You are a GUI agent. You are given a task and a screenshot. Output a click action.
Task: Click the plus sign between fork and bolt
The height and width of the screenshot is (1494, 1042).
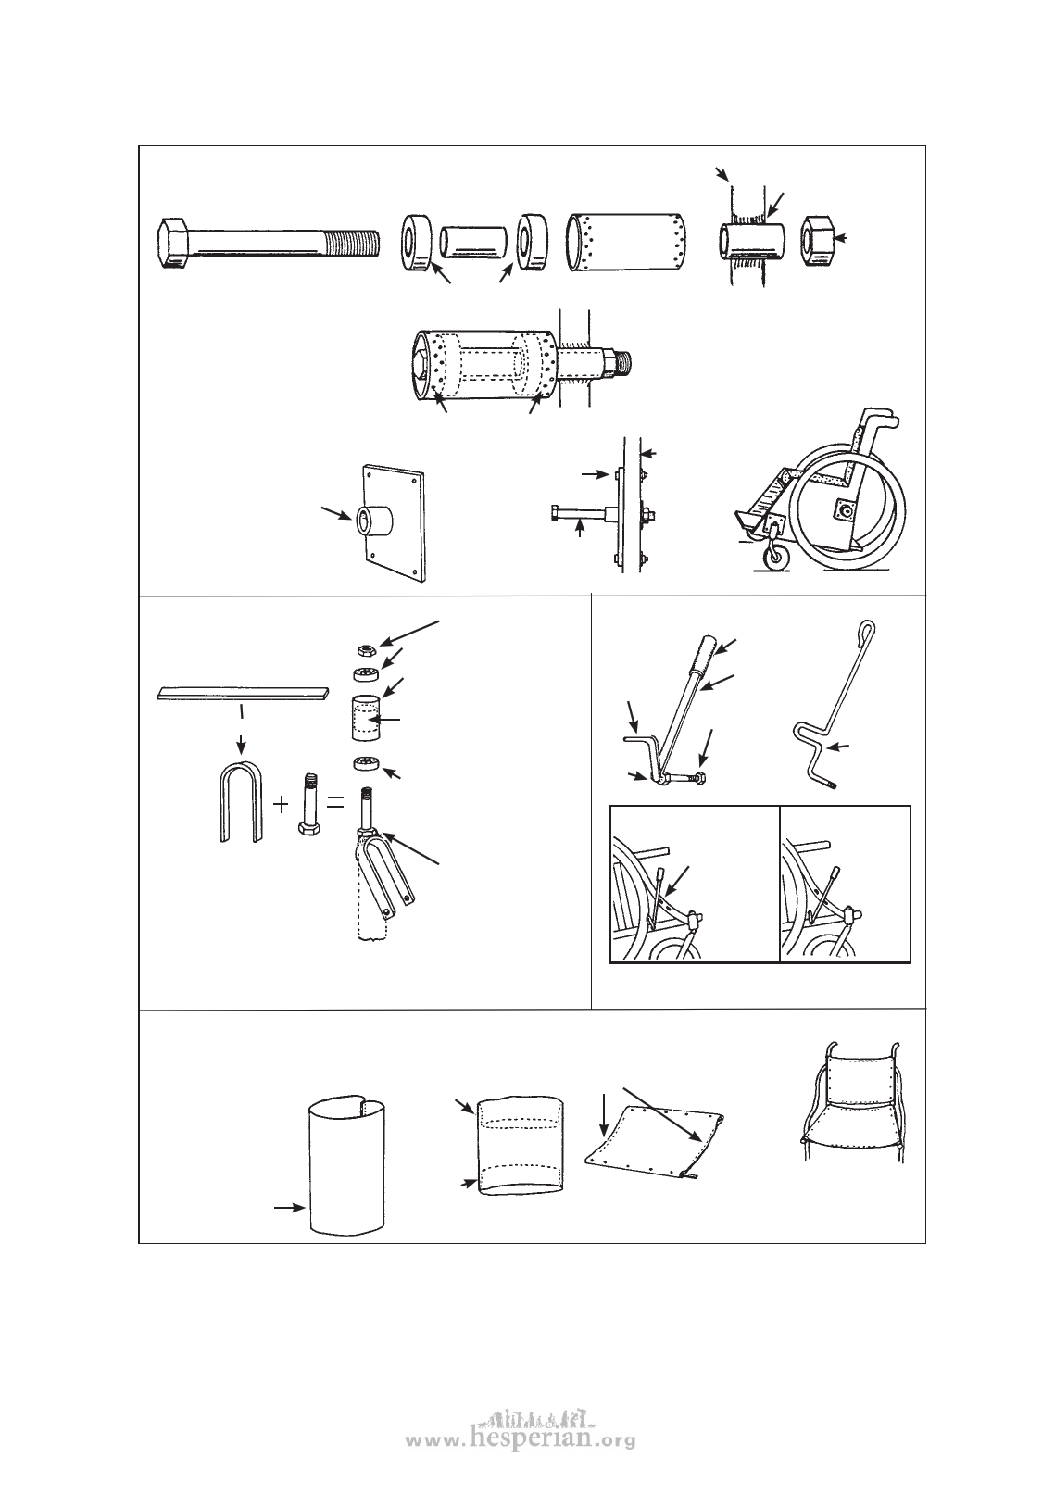click(x=281, y=804)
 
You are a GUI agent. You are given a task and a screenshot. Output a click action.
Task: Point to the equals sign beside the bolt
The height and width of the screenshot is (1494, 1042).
click(x=335, y=804)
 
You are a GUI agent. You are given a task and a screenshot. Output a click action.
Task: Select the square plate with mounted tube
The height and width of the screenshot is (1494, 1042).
click(x=393, y=523)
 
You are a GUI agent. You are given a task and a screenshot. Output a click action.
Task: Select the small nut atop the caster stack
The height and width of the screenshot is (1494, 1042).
click(x=365, y=649)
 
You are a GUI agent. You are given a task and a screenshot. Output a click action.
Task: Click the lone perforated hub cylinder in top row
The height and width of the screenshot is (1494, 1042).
click(x=626, y=242)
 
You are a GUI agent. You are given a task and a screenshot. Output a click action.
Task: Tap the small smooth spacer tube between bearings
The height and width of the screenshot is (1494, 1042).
click(x=473, y=241)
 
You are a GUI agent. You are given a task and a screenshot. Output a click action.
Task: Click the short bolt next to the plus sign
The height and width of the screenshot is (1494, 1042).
click(x=308, y=807)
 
